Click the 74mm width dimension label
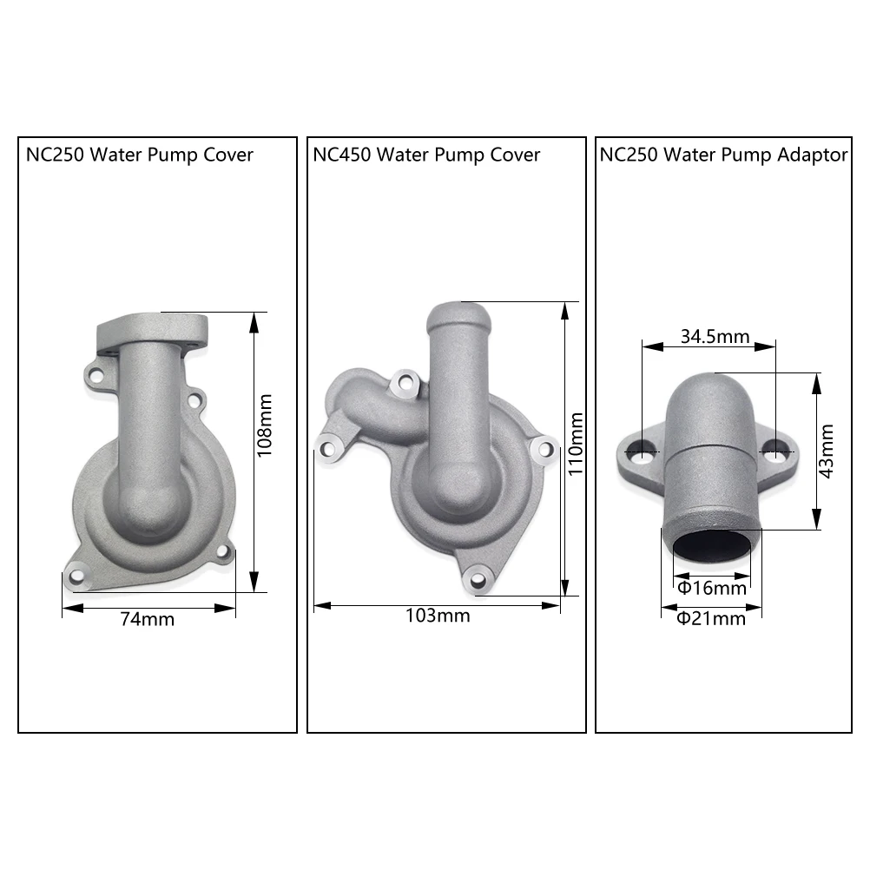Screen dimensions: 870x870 tap(147, 619)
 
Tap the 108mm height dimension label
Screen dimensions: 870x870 tap(265, 425)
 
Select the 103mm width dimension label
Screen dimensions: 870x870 tap(438, 616)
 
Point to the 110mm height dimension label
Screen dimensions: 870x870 tap(576, 444)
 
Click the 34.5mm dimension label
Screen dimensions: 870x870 tap(715, 336)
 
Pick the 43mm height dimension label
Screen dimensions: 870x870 tap(827, 451)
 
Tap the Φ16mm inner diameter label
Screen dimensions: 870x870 tap(712, 588)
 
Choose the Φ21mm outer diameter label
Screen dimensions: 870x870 tap(711, 618)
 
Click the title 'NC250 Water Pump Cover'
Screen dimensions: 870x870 tap(139, 155)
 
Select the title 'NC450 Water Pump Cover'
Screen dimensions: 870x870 tap(426, 155)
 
